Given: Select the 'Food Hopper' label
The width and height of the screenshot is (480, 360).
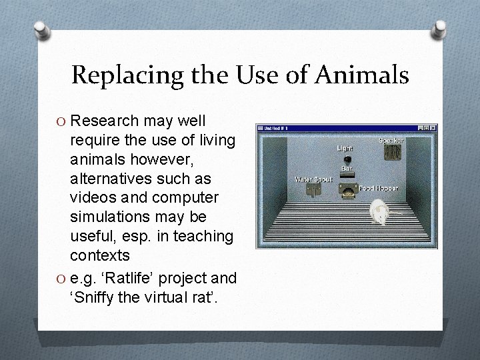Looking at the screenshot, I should coord(377,189).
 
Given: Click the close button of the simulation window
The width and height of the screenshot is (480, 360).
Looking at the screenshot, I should coord(433,127).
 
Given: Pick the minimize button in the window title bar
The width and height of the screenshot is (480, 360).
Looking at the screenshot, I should coord(421,127).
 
